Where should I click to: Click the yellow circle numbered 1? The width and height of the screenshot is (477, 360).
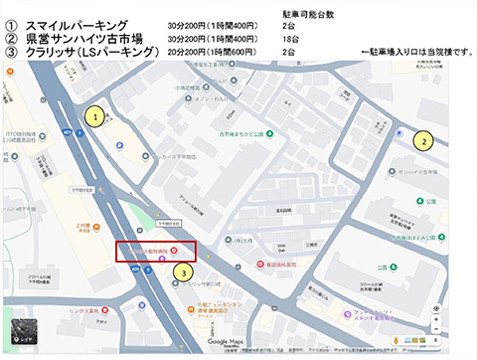coord(94,116)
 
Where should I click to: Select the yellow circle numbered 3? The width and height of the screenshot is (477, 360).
coord(182,270)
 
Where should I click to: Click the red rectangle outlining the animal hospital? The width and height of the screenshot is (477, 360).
coord(156,252)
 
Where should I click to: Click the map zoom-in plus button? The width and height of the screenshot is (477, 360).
coord(436,308)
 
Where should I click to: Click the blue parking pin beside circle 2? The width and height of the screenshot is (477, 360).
coord(399,130)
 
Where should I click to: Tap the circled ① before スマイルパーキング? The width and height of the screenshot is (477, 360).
coord(12,23)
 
